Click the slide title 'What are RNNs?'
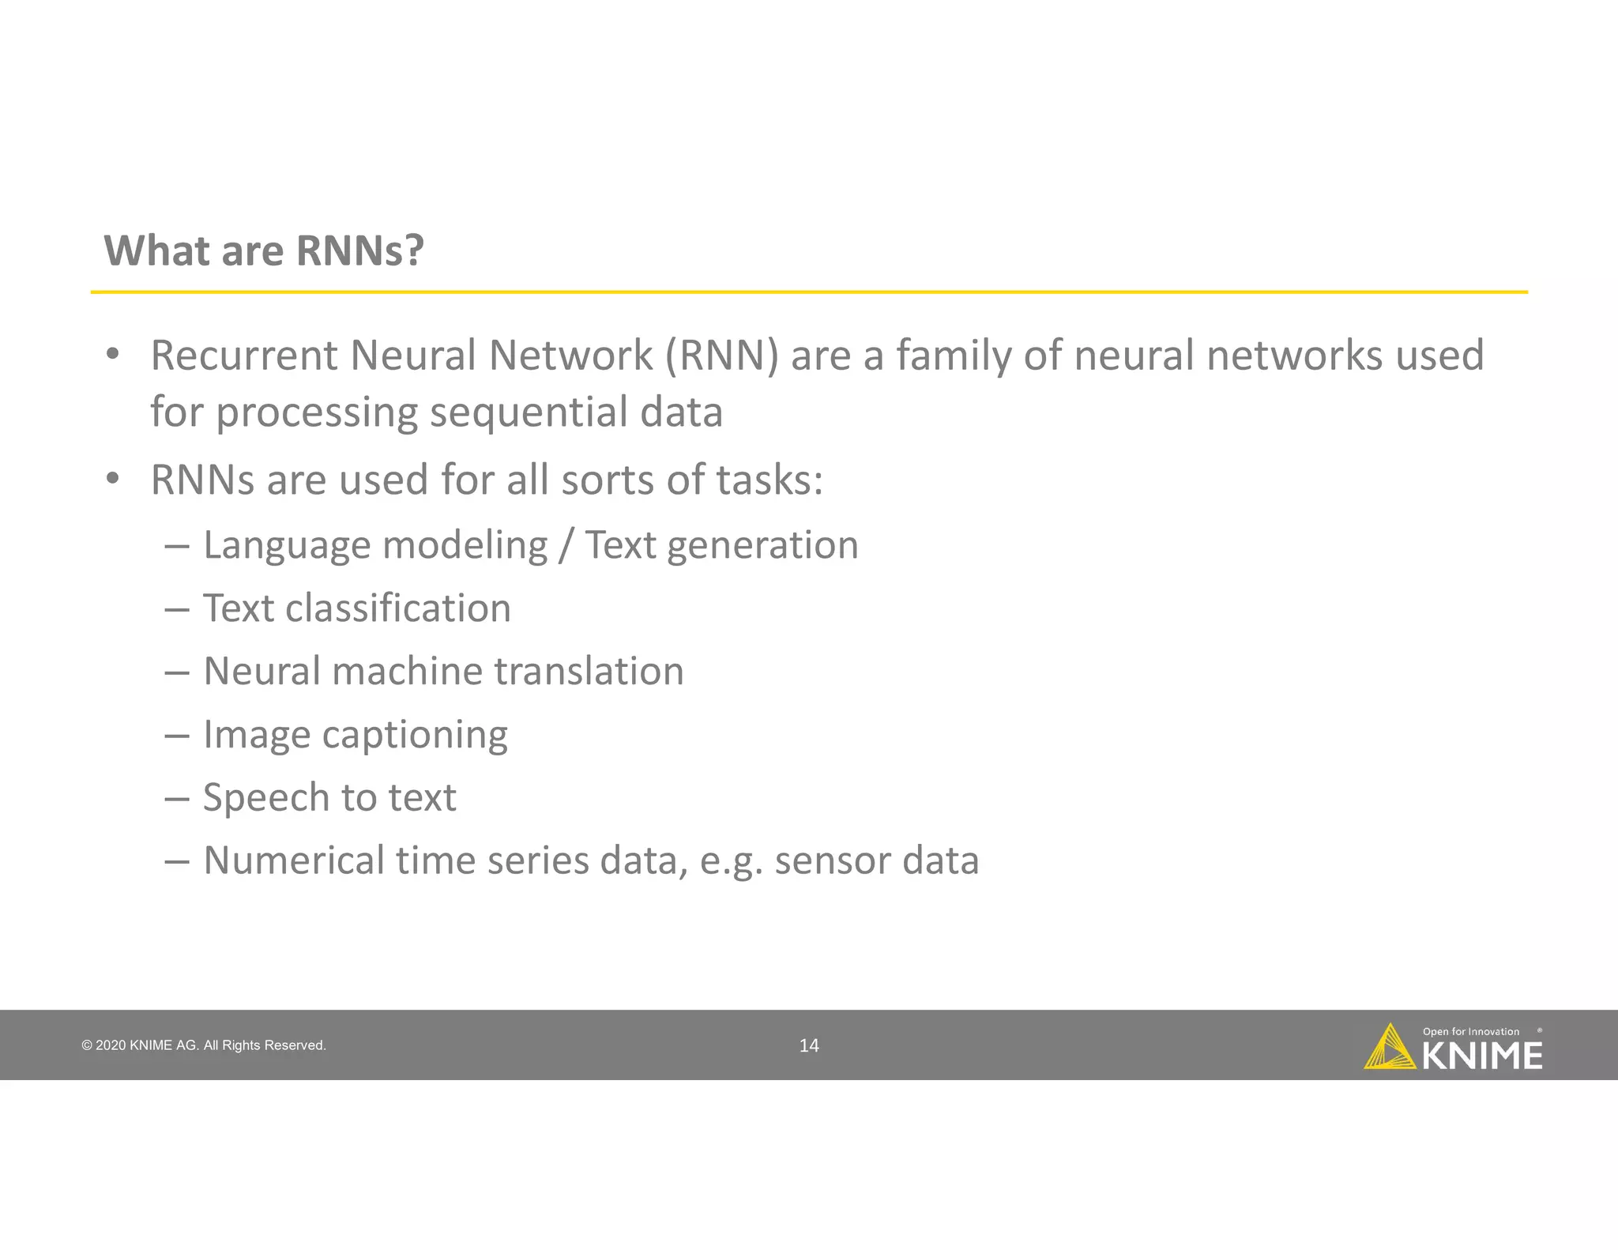[264, 251]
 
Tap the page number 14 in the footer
[809, 1045]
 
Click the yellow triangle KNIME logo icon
[1389, 1048]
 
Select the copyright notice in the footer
[203, 1045]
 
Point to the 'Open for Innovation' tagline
[1470, 1031]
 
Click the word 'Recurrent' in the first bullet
[243, 356]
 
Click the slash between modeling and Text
[564, 546]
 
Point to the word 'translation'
[589, 672]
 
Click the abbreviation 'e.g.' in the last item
[731, 861]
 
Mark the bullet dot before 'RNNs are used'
[113, 478]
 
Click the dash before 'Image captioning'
[177, 736]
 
